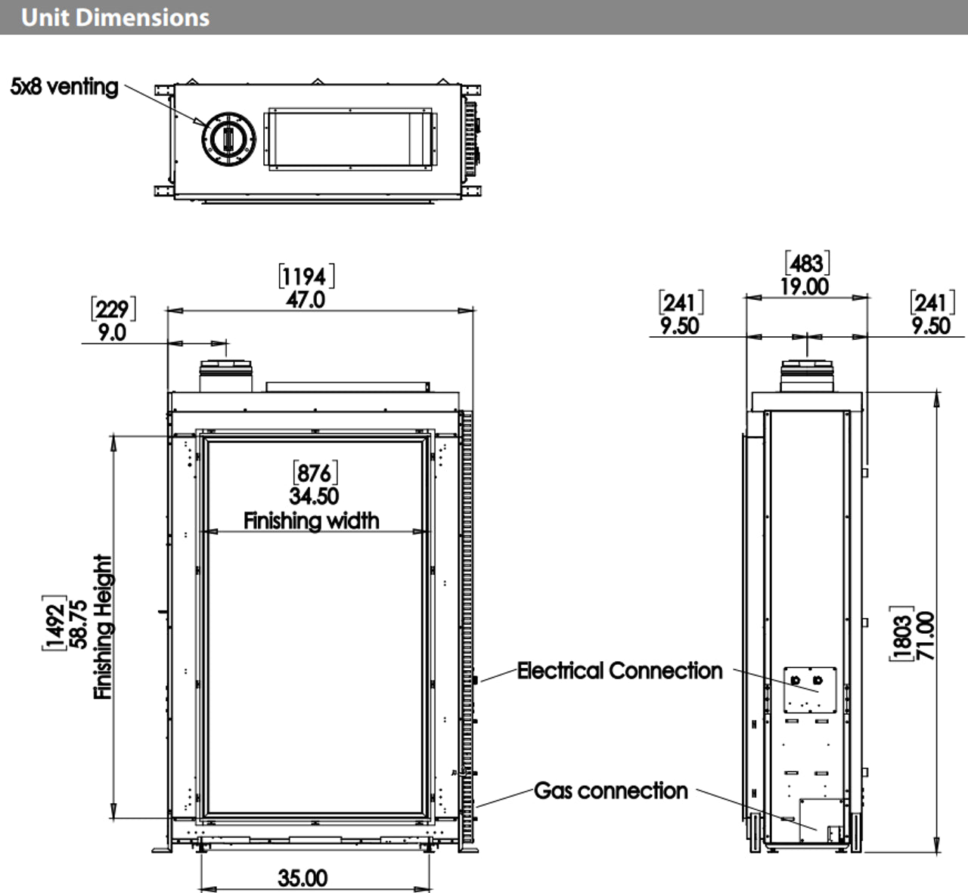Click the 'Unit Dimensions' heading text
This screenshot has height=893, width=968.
(x=115, y=17)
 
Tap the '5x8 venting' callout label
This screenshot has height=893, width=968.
(x=64, y=87)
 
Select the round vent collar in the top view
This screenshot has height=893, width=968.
(x=228, y=139)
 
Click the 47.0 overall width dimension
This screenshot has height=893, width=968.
(x=306, y=300)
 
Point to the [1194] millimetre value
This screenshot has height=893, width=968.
(x=306, y=277)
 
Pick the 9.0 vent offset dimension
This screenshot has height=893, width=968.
(x=113, y=332)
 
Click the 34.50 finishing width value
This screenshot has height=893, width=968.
(x=314, y=496)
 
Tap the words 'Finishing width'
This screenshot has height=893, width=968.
(x=312, y=521)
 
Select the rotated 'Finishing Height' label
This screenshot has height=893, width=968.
(x=103, y=627)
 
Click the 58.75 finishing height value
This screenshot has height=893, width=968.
(x=79, y=625)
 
